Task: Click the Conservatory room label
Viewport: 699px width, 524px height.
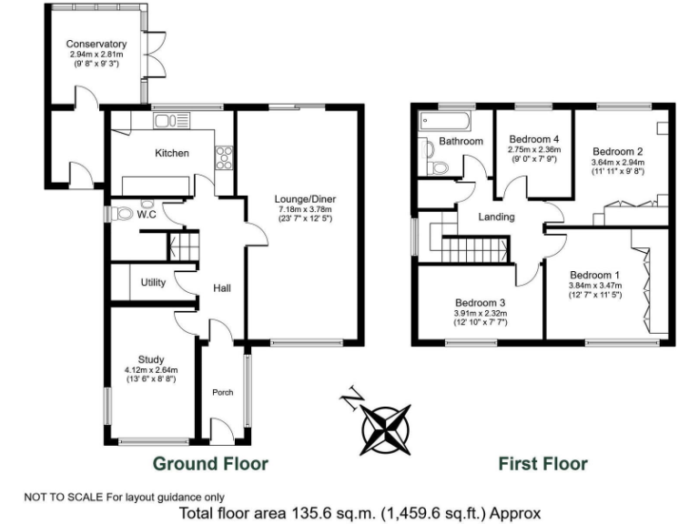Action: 96,44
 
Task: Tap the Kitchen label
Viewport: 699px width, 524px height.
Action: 171,153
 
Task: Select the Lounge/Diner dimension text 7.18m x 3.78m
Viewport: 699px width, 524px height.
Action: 305,210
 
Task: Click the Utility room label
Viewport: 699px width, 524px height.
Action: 153,282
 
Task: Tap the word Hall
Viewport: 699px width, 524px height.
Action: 221,287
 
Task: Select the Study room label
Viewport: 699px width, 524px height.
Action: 151,358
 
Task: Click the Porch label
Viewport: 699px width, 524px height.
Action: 222,393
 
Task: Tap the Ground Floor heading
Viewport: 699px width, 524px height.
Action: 210,464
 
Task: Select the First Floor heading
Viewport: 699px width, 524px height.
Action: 542,464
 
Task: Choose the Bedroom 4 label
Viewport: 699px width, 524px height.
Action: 532,138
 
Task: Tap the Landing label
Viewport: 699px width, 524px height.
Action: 496,217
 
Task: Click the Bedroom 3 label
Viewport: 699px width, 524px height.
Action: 480,303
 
